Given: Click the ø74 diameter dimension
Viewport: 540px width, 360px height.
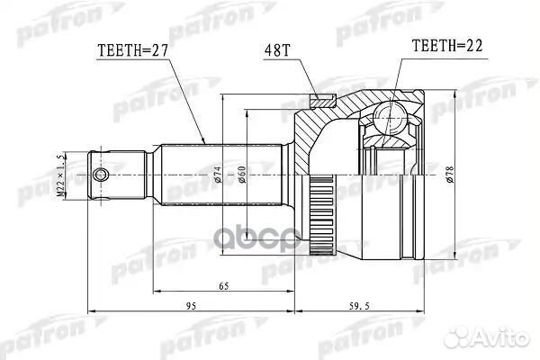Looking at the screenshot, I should tap(219, 174).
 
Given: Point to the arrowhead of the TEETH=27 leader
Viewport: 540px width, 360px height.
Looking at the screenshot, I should tap(206, 141).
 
